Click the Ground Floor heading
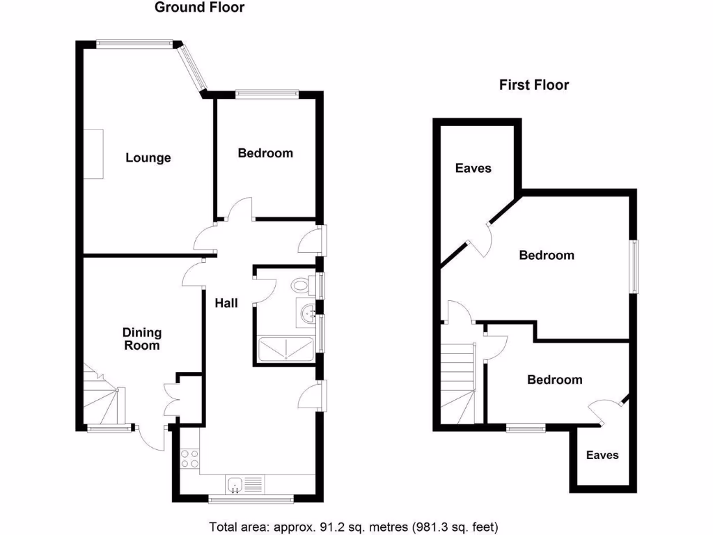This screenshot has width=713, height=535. click(x=199, y=8)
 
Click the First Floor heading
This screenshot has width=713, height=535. click(x=533, y=85)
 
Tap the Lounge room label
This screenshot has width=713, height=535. click(x=148, y=158)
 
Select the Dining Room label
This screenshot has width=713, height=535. click(x=142, y=339)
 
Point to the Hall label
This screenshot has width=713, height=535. click(x=226, y=303)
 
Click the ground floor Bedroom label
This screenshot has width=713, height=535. click(x=265, y=153)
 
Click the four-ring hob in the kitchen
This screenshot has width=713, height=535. click(x=190, y=459)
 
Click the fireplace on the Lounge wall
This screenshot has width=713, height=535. click(x=93, y=154)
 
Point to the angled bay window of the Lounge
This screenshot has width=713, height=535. click(x=193, y=68)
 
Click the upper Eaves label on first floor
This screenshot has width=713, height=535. click(x=473, y=168)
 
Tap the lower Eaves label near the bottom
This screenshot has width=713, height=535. click(x=602, y=455)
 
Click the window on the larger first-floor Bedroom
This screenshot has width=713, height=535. click(x=634, y=267)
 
